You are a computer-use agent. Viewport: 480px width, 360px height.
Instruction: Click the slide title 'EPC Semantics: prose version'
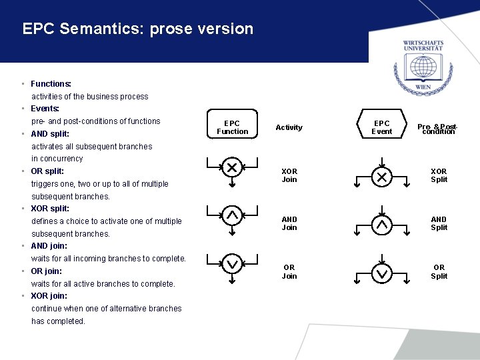(138, 29)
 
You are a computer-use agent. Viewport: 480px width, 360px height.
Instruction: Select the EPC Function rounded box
(232, 127)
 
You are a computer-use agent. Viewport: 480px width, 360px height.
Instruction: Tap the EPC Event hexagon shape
(382, 127)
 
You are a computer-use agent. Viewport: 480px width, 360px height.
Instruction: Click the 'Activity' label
(289, 127)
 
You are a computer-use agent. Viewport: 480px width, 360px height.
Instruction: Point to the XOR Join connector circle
(232, 167)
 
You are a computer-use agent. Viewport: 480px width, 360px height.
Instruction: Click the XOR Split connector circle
(382, 177)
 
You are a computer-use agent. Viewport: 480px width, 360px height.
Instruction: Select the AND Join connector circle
(232, 215)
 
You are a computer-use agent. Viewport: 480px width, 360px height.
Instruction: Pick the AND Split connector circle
(382, 225)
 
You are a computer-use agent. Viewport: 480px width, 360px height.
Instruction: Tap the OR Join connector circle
(232, 264)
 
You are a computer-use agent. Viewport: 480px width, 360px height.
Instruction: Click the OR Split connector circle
(382, 273)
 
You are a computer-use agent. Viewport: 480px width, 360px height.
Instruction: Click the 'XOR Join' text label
(289, 175)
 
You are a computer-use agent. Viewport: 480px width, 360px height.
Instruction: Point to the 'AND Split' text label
(439, 223)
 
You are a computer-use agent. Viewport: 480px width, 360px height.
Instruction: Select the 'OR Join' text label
(289, 272)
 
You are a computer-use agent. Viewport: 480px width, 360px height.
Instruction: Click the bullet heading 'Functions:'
(51, 84)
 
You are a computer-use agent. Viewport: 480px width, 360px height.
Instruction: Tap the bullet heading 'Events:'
(45, 109)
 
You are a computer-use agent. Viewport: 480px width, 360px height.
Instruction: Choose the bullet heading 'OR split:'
(47, 171)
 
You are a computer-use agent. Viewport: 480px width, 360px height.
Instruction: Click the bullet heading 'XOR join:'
(49, 296)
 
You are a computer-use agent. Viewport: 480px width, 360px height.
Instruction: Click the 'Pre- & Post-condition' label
(437, 129)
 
